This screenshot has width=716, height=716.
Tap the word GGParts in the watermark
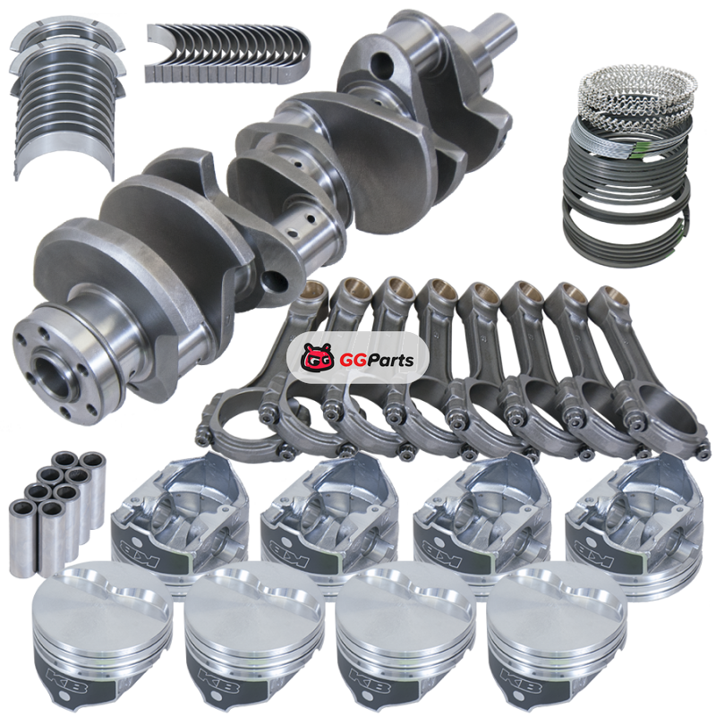click(377, 361)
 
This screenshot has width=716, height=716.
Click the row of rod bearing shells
click(228, 54)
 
